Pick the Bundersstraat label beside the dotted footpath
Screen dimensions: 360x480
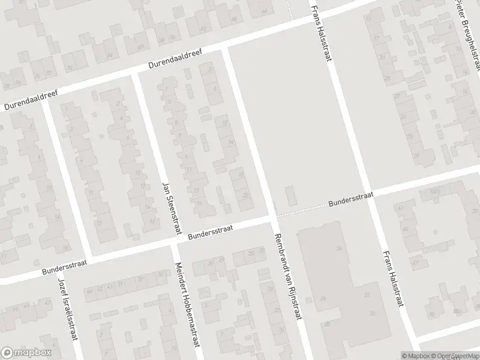pyautogui.click(x=351, y=199)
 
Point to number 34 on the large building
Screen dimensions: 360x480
pyautogui.click(x=339, y=248)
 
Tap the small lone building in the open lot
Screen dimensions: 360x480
pyautogui.click(x=290, y=196)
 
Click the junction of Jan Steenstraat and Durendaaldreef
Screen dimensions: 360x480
pyautogui.click(x=135, y=73)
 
